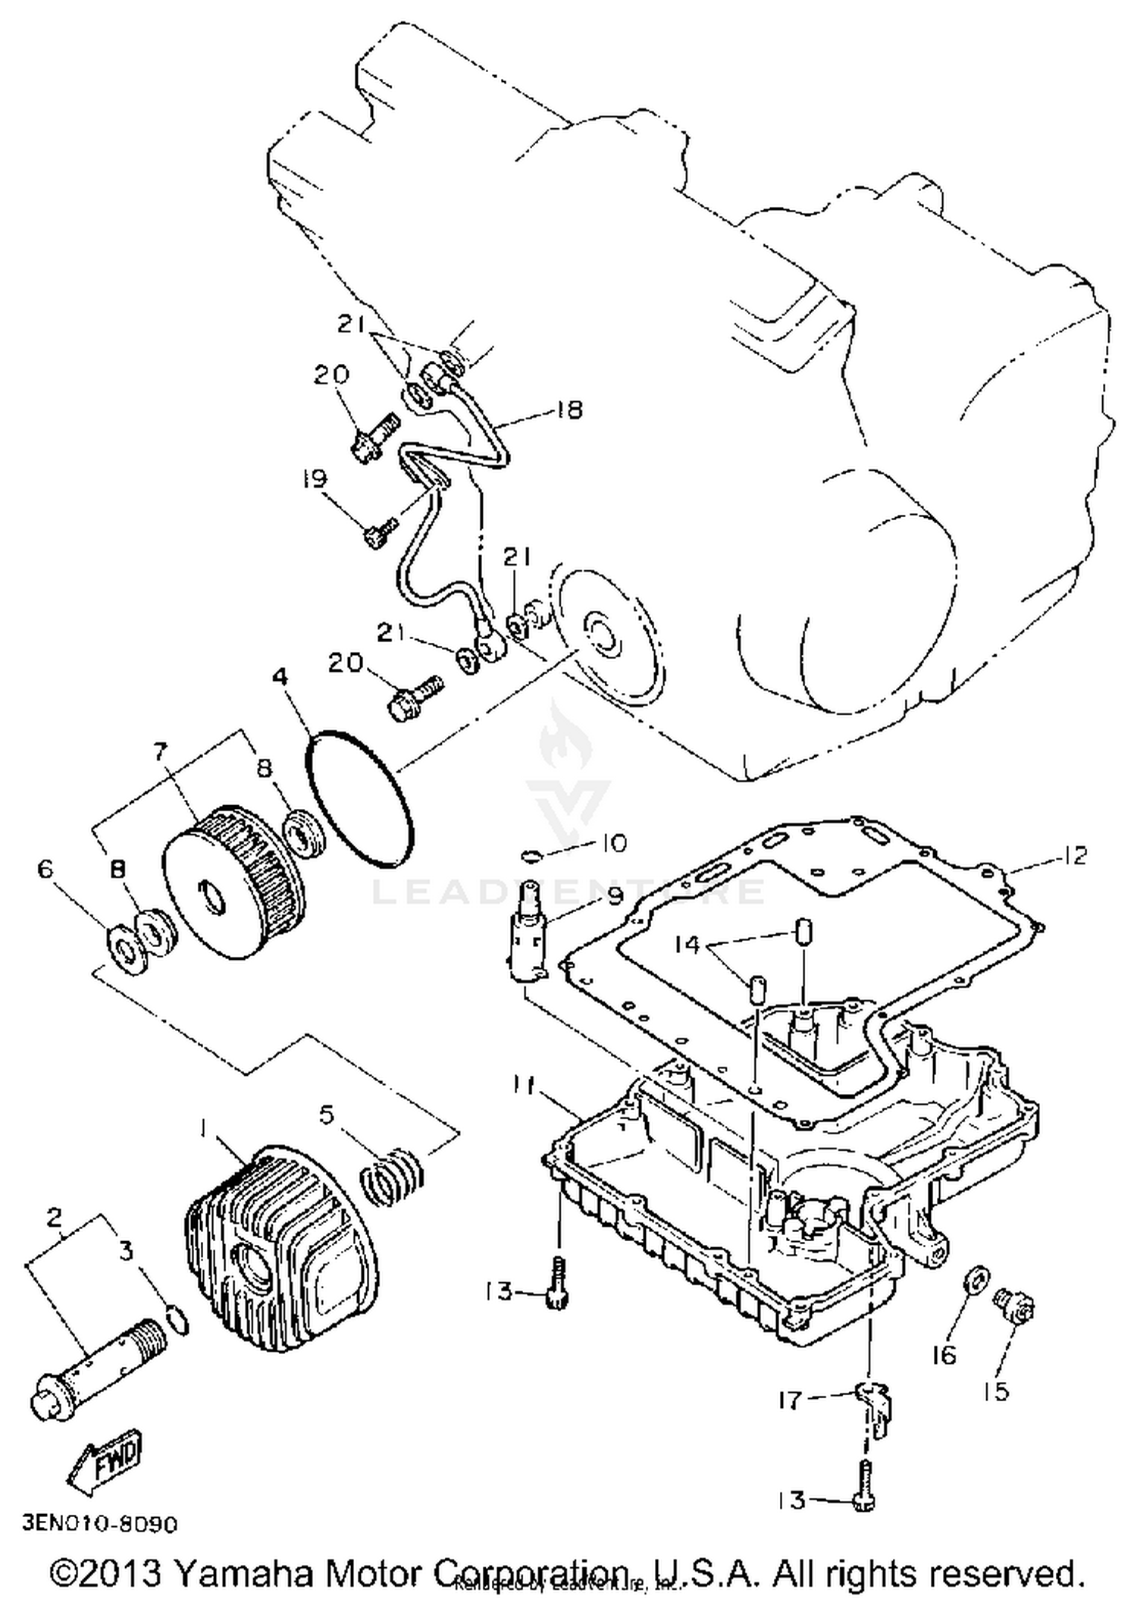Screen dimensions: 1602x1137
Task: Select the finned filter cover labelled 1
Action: click(280, 1251)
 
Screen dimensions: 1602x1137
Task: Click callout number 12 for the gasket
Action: click(1076, 855)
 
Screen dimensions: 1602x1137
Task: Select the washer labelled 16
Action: click(974, 1281)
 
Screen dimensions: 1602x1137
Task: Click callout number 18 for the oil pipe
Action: click(568, 410)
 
